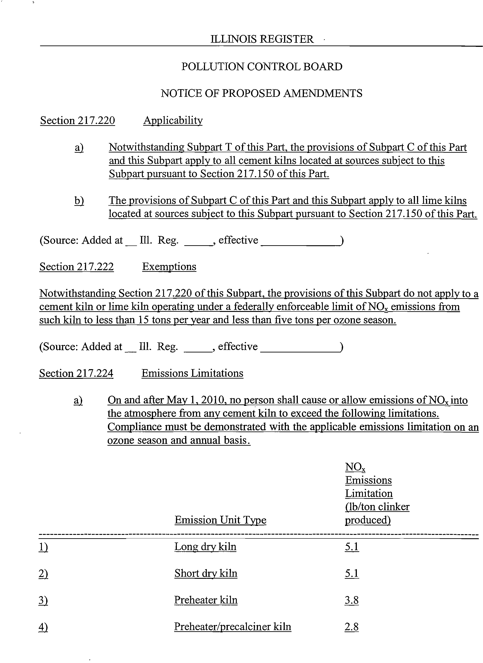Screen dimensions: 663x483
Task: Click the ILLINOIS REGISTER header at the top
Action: click(x=262, y=39)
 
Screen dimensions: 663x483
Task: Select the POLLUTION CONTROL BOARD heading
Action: click(x=262, y=66)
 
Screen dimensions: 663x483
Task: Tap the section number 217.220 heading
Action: click(x=77, y=120)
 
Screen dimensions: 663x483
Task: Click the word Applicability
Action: click(x=173, y=120)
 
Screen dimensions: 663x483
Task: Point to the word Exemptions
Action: click(x=169, y=267)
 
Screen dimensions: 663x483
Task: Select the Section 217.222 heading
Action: click(x=77, y=267)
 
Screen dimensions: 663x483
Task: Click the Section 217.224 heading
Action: click(x=76, y=373)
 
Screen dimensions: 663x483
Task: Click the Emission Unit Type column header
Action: click(x=221, y=520)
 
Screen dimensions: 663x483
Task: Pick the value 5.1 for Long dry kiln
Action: click(x=352, y=546)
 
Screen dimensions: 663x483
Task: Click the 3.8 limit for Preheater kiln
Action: click(x=352, y=600)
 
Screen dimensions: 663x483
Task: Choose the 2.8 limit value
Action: click(x=352, y=627)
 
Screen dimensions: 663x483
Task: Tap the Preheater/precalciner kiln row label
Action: click(x=232, y=627)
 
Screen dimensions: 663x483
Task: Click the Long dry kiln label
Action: click(x=205, y=546)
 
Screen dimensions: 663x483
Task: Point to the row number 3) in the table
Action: click(x=43, y=600)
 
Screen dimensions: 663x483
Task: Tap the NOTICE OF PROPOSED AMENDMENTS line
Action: click(x=261, y=93)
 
